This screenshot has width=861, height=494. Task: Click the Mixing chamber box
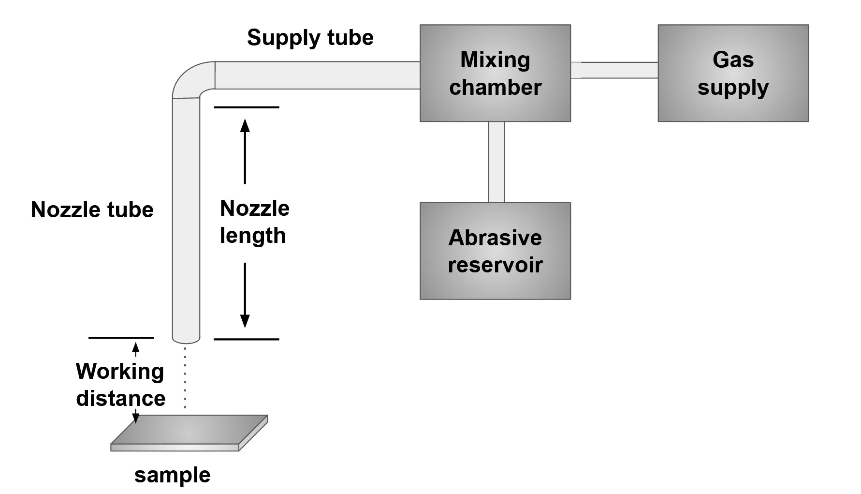(x=495, y=73)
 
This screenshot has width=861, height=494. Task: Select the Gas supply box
(x=733, y=73)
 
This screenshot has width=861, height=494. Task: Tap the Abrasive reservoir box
(x=495, y=251)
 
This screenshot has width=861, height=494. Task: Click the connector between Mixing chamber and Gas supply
(x=614, y=70)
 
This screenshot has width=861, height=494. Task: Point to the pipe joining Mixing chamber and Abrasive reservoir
(x=496, y=162)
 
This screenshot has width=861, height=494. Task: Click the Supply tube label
(x=311, y=38)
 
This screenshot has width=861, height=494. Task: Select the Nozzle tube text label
(x=92, y=210)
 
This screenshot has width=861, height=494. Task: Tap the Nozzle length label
(x=254, y=222)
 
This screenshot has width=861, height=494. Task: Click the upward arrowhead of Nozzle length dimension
(x=246, y=126)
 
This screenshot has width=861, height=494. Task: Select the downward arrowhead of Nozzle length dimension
(x=245, y=321)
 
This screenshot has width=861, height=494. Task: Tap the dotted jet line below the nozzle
(x=186, y=377)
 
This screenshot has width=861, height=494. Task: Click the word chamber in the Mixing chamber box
(x=495, y=88)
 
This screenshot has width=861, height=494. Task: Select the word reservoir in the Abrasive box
(x=495, y=265)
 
